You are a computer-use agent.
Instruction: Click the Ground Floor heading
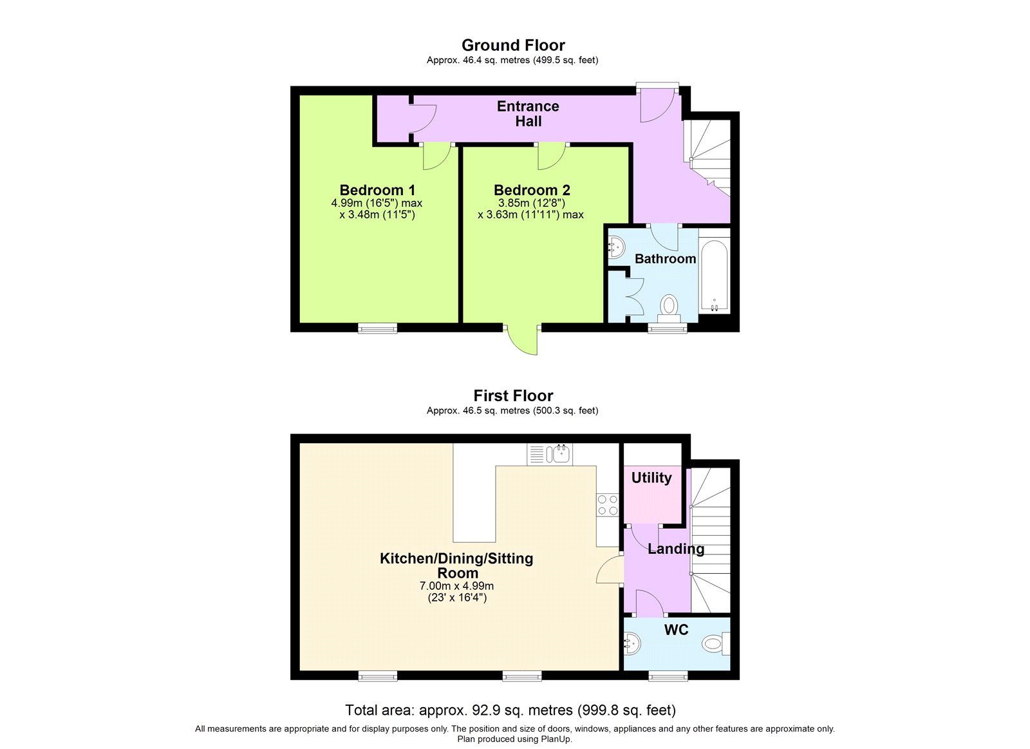click(513, 45)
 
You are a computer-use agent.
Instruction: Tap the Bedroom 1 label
click(377, 190)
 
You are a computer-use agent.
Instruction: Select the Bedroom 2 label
click(532, 190)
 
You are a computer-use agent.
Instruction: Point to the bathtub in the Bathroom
click(714, 275)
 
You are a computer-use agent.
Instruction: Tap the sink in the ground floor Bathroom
click(616, 247)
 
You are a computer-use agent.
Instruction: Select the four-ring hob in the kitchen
click(608, 504)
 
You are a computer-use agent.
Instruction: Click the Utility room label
click(651, 478)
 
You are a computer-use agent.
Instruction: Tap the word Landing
click(676, 549)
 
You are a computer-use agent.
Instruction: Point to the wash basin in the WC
click(632, 643)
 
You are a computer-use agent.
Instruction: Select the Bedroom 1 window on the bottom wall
click(378, 328)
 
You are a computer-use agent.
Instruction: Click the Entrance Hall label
click(528, 113)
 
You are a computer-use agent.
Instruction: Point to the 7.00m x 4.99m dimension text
click(456, 586)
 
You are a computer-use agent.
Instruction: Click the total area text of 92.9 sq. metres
click(510, 710)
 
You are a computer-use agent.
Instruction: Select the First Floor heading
click(513, 395)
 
